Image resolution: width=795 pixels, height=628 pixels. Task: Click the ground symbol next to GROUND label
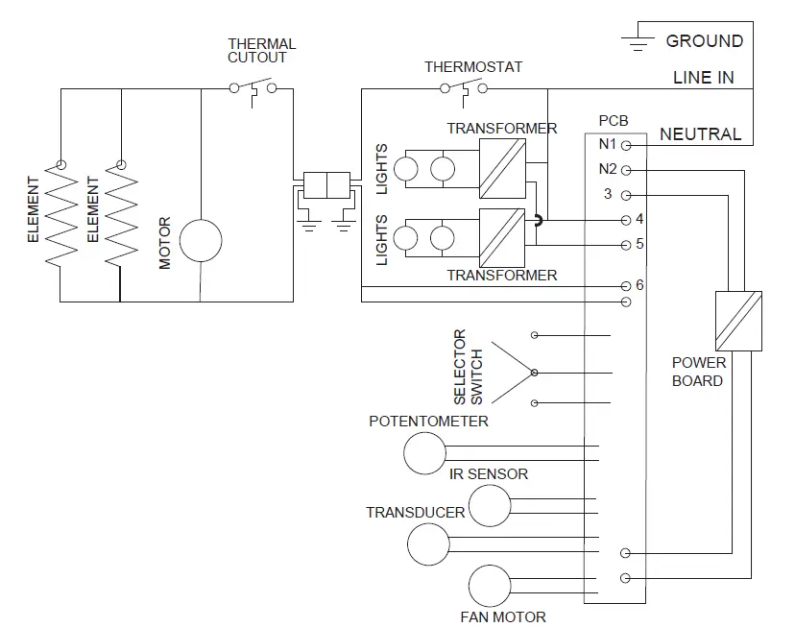[636, 40]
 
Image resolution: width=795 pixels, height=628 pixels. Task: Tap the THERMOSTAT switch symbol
[463, 89]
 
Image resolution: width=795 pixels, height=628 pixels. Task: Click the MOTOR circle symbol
[201, 240]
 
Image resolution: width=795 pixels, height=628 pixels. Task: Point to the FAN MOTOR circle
[491, 586]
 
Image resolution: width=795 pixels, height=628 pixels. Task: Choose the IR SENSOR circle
[489, 505]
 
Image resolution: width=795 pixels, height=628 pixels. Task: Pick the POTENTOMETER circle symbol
[424, 453]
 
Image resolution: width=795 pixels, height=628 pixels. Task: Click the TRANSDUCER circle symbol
[428, 544]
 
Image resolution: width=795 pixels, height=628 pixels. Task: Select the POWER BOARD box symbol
[738, 320]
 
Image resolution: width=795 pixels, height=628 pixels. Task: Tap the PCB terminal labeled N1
[626, 146]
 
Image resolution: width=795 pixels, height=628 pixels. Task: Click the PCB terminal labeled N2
[626, 170]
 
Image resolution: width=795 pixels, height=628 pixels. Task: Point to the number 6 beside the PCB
[639, 285]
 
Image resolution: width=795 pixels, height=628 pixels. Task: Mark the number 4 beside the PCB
[639, 220]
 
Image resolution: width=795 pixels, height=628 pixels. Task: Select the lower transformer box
[502, 235]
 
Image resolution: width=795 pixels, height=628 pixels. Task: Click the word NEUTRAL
[700, 134]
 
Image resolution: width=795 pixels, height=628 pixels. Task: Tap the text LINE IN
[704, 78]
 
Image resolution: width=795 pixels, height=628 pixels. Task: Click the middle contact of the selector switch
[535, 372]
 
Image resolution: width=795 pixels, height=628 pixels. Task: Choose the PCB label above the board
[614, 121]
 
